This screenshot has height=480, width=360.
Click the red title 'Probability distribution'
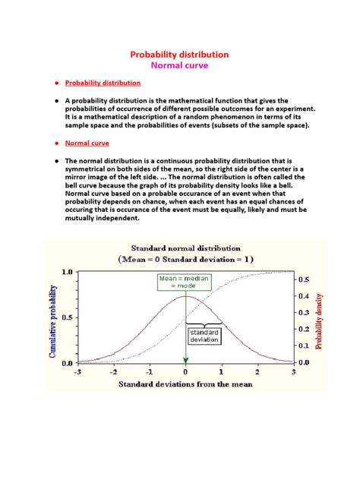[179, 55]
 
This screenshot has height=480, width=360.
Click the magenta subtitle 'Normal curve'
[179, 66]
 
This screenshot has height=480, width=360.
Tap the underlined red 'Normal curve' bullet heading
[87, 143]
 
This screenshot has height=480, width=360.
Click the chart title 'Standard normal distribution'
[186, 248]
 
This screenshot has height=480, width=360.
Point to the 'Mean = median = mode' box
[185, 283]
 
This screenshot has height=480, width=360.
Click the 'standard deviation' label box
[204, 336]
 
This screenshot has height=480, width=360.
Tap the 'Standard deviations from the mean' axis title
[185, 385]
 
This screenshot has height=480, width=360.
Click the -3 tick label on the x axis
[77, 373]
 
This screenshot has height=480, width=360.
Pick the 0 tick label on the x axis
[185, 373]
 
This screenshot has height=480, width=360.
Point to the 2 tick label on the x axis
[257, 373]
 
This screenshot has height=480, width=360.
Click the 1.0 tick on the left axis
[66, 271]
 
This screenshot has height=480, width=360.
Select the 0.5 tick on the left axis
[66, 317]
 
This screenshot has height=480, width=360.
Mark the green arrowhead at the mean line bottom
[185, 360]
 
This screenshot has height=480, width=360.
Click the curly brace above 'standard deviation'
[204, 325]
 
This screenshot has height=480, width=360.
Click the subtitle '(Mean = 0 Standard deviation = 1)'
[186, 258]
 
